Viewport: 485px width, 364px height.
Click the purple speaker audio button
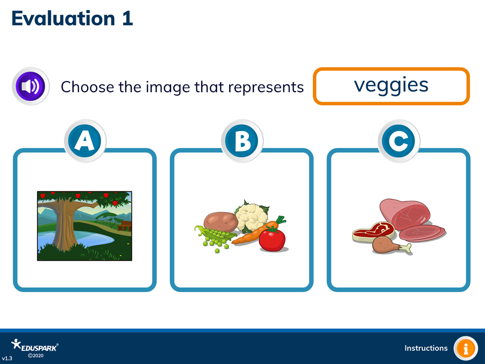pyautogui.click(x=31, y=86)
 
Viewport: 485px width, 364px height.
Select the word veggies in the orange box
pyautogui.click(x=391, y=85)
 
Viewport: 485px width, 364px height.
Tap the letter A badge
pyautogui.click(x=85, y=141)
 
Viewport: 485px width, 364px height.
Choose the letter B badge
pyautogui.click(x=242, y=141)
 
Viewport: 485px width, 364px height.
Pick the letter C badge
pyautogui.click(x=399, y=141)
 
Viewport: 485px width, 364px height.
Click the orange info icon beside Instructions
pyautogui.click(x=466, y=348)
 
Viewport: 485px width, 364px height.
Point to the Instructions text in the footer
pyautogui.click(x=426, y=348)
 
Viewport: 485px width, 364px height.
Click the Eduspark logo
pyautogui.click(x=34, y=348)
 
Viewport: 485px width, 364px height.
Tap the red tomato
pyautogui.click(x=272, y=239)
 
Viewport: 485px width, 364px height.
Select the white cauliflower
pyautogui.click(x=251, y=216)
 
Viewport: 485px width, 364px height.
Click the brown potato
pyautogui.click(x=221, y=222)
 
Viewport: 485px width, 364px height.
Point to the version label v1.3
pyautogui.click(x=7, y=359)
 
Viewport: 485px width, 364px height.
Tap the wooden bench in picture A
pyautogui.click(x=124, y=226)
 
